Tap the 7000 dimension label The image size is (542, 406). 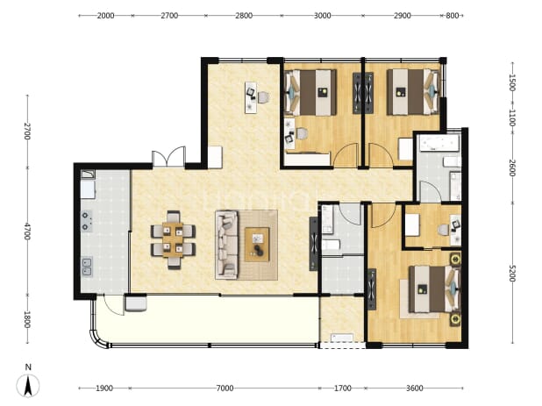(x=225, y=388)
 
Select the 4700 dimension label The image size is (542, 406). (x=27, y=231)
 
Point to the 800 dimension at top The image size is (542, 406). (x=453, y=16)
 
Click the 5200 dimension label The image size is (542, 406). (x=512, y=274)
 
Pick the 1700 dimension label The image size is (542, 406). (x=343, y=388)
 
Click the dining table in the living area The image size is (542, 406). (x=173, y=239)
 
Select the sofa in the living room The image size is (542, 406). (x=227, y=245)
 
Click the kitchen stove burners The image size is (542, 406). (x=86, y=221)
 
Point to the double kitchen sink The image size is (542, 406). (x=87, y=267)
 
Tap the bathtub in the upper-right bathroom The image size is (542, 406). (x=439, y=143)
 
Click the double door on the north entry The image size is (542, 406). (x=168, y=156)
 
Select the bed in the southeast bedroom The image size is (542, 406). (x=434, y=289)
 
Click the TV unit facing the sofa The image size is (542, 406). (x=314, y=244)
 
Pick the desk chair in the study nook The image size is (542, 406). (x=263, y=97)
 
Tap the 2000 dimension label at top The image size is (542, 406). (x=105, y=16)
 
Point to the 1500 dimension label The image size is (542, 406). (x=512, y=82)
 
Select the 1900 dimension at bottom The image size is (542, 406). (x=104, y=388)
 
